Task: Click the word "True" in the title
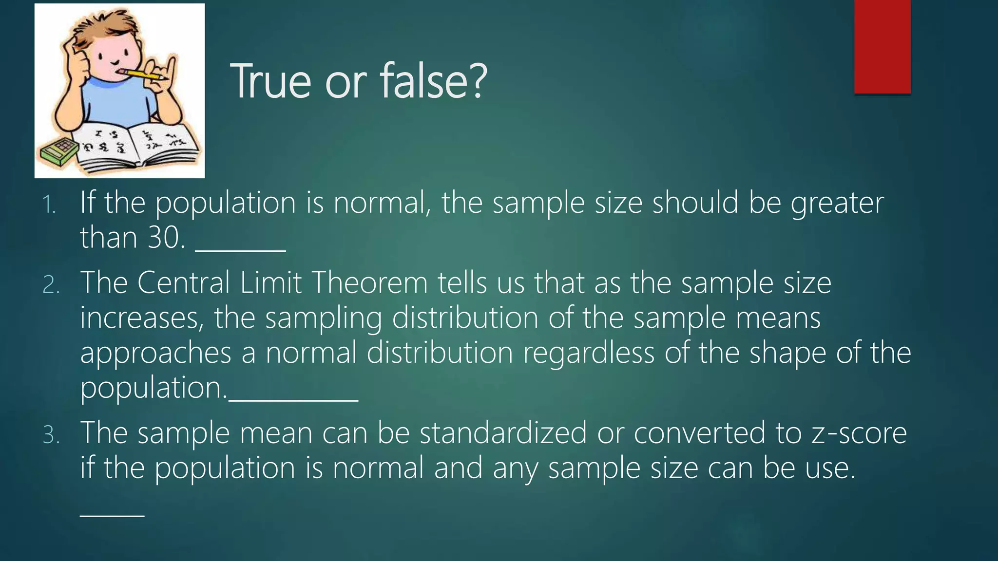pos(270,81)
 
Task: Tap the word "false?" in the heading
pos(433,81)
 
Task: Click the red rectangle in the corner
pos(882,47)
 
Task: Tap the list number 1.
pos(49,205)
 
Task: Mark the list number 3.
pos(51,435)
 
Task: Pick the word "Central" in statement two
pos(183,282)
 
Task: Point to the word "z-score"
pos(859,432)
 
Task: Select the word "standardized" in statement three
pos(503,432)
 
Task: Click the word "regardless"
pos(588,353)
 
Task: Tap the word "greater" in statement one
pos(837,204)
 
